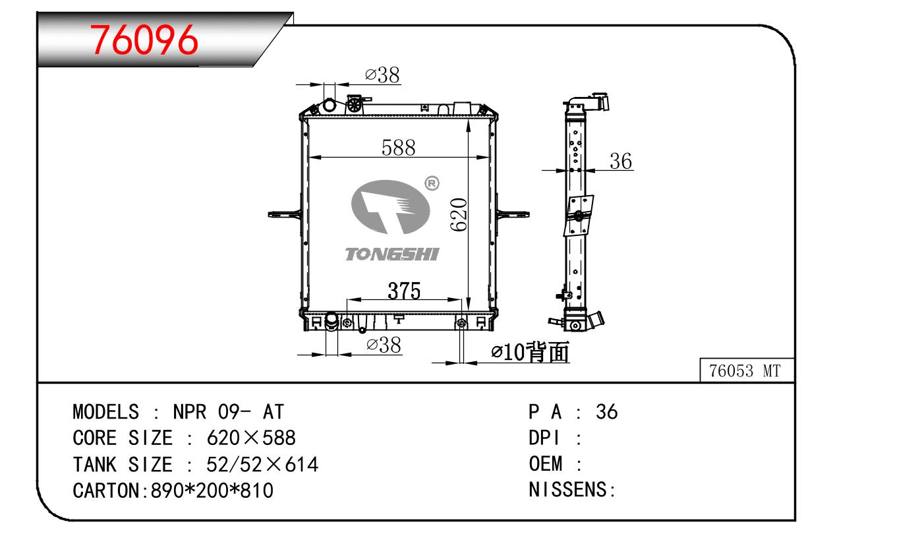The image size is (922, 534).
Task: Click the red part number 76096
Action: click(144, 40)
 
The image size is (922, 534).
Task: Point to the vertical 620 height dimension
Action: click(459, 214)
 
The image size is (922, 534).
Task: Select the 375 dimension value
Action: click(404, 291)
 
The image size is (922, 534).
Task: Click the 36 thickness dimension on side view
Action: click(620, 162)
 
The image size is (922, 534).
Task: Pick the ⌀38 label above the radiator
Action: click(383, 76)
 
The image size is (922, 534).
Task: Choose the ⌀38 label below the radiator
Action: click(384, 344)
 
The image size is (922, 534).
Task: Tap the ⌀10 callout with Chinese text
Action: click(531, 353)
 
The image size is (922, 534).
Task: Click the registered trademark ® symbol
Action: click(432, 184)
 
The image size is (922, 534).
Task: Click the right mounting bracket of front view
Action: click(513, 213)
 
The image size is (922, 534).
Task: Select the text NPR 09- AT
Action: click(228, 412)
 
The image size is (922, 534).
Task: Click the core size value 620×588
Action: click(251, 438)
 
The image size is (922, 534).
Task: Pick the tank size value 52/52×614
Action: click(262, 465)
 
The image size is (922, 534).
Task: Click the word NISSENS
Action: click(569, 490)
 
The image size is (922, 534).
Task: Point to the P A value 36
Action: click(606, 412)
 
